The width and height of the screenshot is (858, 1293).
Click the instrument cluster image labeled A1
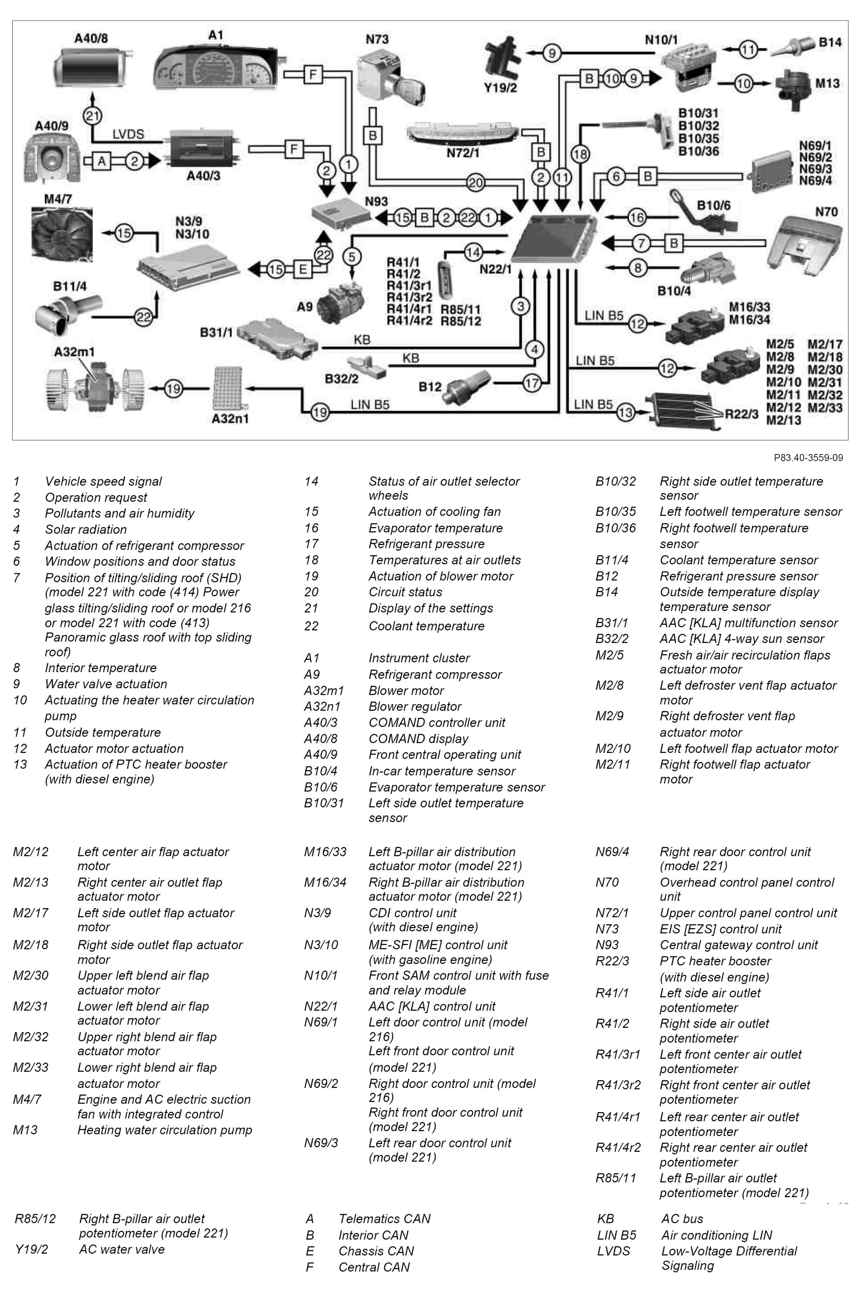click(x=216, y=68)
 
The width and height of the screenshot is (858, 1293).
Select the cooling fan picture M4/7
click(x=62, y=234)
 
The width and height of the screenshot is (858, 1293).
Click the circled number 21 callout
click(x=92, y=115)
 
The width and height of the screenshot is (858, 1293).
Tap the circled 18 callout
click(x=580, y=154)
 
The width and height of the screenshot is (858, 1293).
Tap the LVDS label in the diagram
click(x=128, y=134)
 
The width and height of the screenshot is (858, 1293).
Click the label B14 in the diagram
click(x=830, y=43)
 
